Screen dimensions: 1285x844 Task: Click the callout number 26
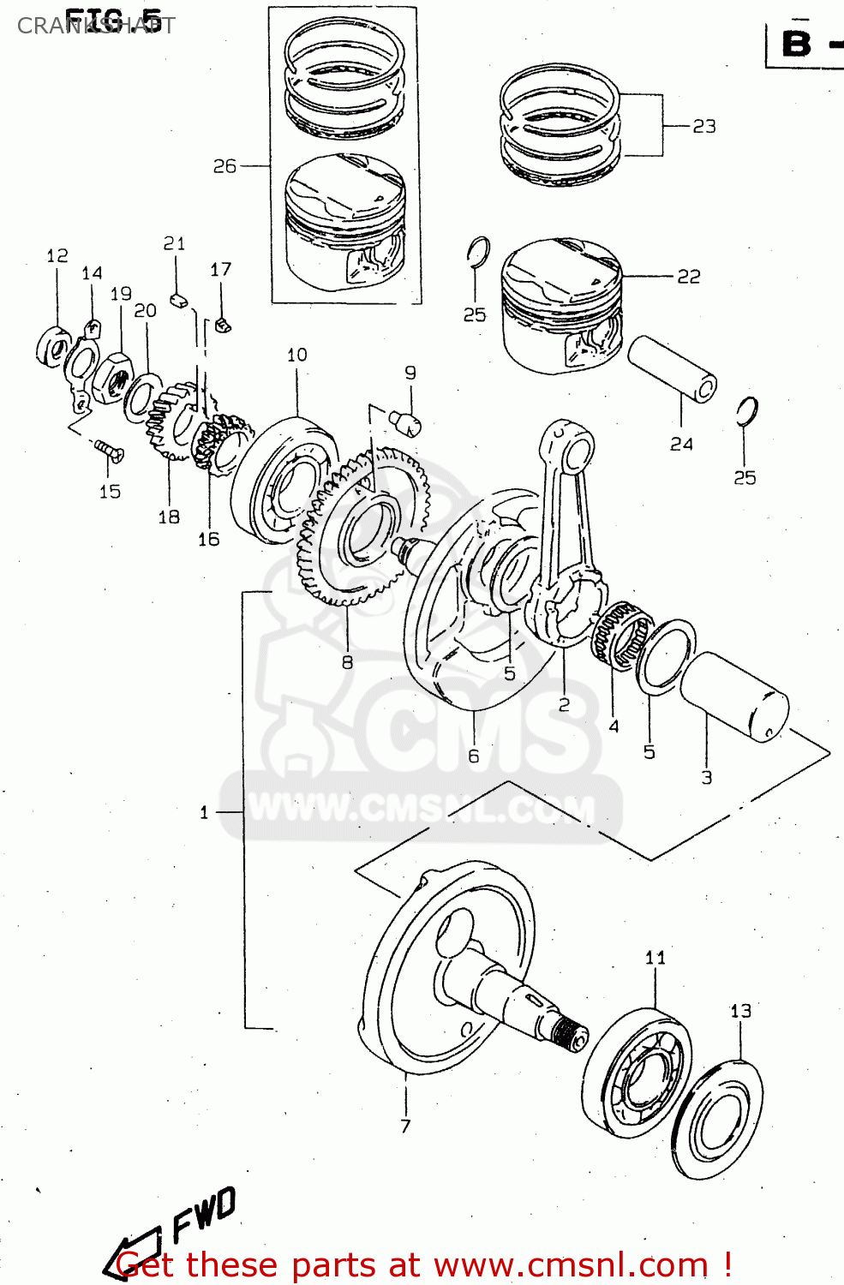pos(224,166)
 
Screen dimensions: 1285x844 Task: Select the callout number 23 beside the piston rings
pos(703,127)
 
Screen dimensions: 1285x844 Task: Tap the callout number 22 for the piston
pos(688,277)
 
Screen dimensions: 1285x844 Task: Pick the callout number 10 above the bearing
pos(296,355)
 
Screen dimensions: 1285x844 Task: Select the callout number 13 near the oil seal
pos(740,1011)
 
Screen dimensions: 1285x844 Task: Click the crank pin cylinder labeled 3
pos(734,696)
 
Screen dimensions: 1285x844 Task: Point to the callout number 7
pos(405,1126)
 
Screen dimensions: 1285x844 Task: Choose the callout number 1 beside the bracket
pos(204,812)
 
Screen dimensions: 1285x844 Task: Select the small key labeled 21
pos(178,300)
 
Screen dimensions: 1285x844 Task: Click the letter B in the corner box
pos(796,44)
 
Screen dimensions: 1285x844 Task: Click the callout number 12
pos(57,256)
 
